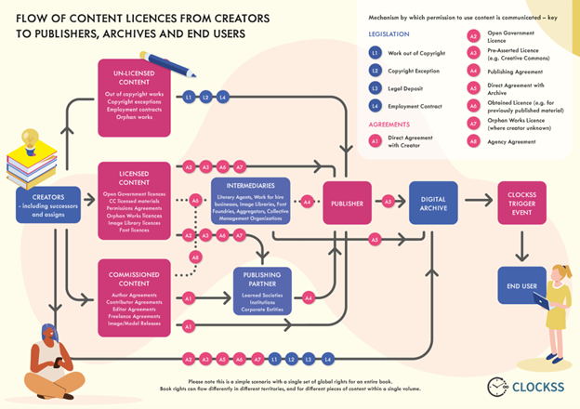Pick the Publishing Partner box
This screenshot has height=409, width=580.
click(263, 291)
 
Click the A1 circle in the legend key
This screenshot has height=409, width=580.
click(376, 141)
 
